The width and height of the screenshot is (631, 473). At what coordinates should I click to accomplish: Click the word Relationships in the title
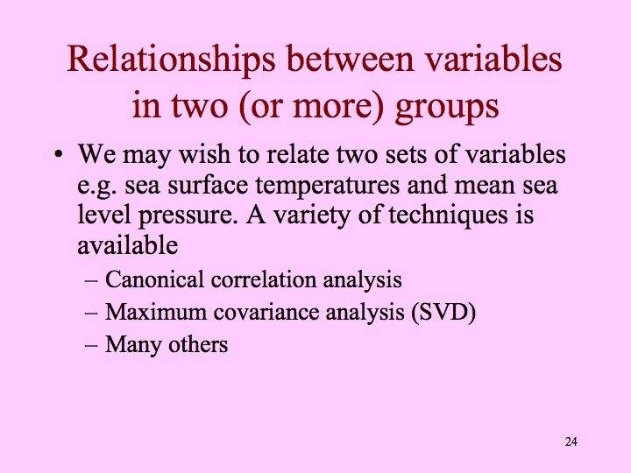(171, 60)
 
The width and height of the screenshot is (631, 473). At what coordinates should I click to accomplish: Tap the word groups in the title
(447, 108)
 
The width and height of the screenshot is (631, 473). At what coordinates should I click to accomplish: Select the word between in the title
(350, 59)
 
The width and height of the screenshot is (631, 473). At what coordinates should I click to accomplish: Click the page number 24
(571, 441)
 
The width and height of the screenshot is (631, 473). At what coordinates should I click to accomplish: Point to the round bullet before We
(59, 154)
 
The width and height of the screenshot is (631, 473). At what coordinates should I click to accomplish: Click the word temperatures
(328, 186)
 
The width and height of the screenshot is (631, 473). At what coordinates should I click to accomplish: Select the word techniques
(448, 216)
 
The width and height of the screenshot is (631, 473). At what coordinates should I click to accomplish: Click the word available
(128, 244)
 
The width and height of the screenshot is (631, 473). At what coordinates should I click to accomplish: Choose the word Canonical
(154, 279)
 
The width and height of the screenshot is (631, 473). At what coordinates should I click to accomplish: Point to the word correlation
(264, 280)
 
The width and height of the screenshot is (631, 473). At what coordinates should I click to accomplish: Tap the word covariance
(266, 313)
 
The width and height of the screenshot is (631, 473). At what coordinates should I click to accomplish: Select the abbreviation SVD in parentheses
(443, 312)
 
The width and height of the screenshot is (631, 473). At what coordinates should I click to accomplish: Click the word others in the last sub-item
(198, 345)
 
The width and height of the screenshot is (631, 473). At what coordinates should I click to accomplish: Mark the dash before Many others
(91, 345)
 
